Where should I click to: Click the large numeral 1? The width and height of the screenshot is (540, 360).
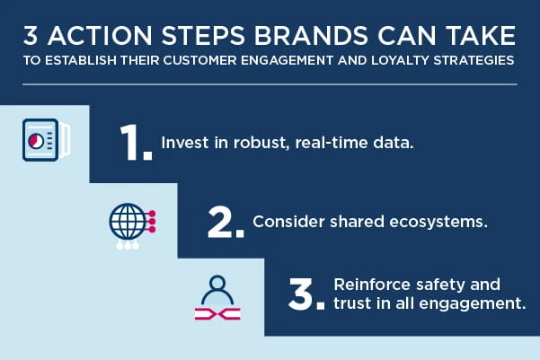[136, 142]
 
